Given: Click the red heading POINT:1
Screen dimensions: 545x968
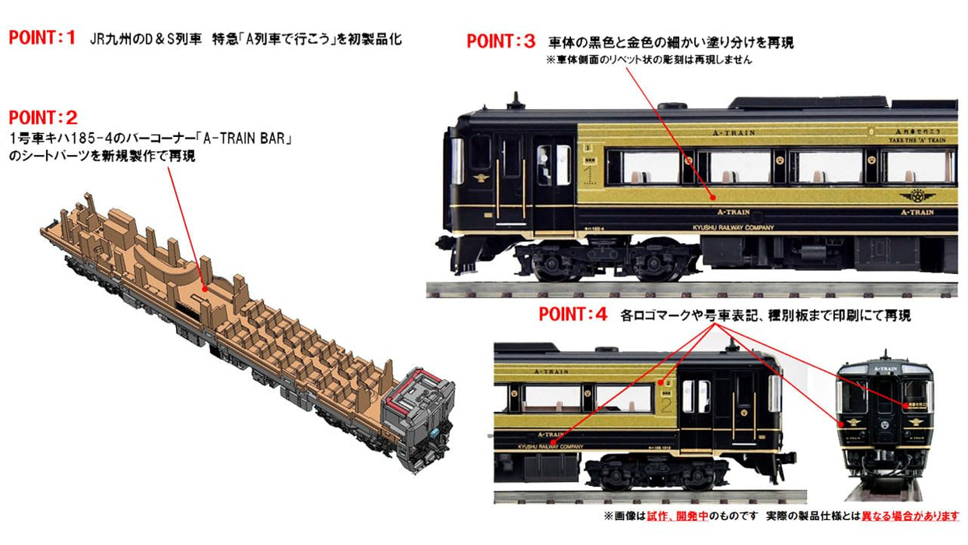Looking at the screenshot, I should (x=43, y=38).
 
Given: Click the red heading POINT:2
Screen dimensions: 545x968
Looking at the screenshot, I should (x=43, y=118).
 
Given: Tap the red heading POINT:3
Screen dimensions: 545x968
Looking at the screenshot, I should (x=501, y=41).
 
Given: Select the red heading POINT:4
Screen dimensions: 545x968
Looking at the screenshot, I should (x=573, y=315).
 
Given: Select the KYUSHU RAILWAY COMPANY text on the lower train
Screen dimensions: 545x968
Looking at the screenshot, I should (x=550, y=446).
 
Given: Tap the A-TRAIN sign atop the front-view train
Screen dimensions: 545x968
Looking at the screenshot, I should (x=885, y=368).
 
